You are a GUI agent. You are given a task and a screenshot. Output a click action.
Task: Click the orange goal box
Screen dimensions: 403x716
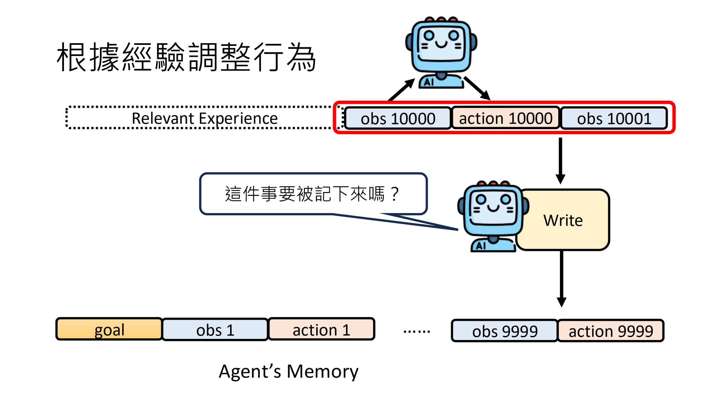point(109,329)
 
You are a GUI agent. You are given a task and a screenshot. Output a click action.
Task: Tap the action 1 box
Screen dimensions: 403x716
point(321,329)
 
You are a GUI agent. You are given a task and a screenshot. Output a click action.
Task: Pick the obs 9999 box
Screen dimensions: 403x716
point(504,331)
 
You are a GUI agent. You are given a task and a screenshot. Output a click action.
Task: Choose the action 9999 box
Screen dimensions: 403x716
point(611,331)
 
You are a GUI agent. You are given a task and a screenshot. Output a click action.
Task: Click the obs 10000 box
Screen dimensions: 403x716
point(398,118)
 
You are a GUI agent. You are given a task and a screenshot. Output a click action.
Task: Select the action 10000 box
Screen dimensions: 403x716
point(506,118)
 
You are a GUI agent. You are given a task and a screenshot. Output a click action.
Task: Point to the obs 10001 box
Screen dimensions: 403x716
point(614,118)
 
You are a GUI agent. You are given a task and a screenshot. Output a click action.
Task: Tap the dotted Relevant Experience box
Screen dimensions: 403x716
point(204,118)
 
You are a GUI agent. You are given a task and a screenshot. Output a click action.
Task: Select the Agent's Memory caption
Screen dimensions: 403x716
point(289,371)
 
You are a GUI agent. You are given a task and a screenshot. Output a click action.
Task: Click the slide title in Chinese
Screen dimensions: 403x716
point(186,57)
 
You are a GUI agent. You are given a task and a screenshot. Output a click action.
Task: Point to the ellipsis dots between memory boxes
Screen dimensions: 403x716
point(417,331)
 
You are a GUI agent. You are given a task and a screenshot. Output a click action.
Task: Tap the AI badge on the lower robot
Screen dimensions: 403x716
point(481,245)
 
